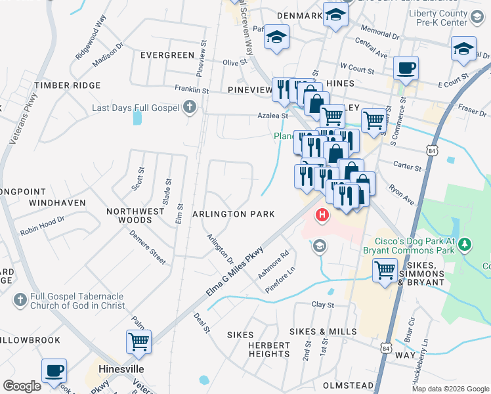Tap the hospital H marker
click(x=322, y=215)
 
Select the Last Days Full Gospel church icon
click(x=190, y=107)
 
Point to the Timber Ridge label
click(x=68, y=85)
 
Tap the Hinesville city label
click(x=121, y=369)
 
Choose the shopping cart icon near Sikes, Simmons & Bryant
click(x=385, y=270)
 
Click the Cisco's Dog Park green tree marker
click(x=465, y=244)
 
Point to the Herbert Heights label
click(x=269, y=349)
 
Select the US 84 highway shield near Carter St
click(x=431, y=151)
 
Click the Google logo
click(x=22, y=386)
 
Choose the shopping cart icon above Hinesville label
click(x=139, y=341)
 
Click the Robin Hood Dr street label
click(x=43, y=227)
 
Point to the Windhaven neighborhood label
click(x=57, y=203)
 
